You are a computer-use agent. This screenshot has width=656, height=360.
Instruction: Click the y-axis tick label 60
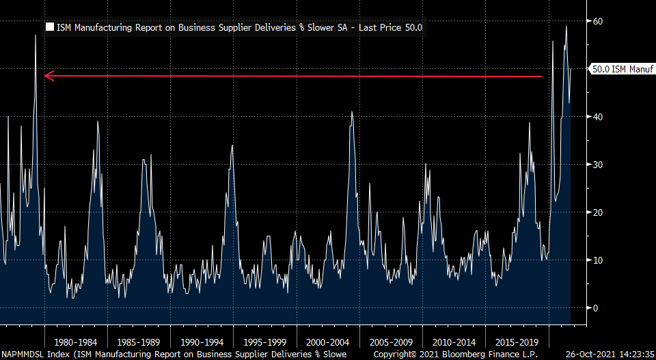[x=597, y=21]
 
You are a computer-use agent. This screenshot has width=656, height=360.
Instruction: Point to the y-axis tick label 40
[x=597, y=117]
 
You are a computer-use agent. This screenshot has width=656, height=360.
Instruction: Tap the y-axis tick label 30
[x=597, y=165]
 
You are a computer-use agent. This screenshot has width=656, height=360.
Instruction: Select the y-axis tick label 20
[x=597, y=212]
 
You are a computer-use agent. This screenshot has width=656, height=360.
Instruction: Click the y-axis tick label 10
[x=597, y=260]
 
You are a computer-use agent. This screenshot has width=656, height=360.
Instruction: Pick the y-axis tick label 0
[x=594, y=308]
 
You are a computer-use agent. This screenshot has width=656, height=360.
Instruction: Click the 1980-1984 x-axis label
[x=75, y=341]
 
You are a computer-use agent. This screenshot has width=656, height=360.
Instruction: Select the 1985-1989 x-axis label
[x=138, y=341]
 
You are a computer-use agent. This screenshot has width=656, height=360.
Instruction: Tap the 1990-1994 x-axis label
[x=201, y=341]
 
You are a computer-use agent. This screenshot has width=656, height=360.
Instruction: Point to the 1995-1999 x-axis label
[x=264, y=341]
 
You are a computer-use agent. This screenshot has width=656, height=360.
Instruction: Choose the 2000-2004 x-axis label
[x=327, y=341]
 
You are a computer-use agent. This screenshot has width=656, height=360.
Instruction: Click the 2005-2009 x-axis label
[x=390, y=341]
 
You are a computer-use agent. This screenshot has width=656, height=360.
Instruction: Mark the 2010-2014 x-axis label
[x=453, y=341]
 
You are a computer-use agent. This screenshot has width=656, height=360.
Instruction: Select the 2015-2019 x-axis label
[x=516, y=341]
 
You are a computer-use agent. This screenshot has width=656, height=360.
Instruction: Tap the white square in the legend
[x=49, y=28]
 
